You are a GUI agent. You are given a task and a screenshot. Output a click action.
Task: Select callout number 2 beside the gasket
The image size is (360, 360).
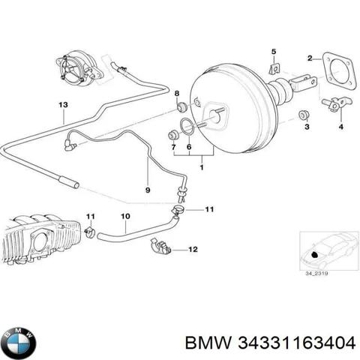(x=310, y=58)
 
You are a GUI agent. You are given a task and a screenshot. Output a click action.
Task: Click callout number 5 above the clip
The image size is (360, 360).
(x=273, y=51)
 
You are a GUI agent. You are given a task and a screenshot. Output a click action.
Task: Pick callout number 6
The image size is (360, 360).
(x=189, y=148)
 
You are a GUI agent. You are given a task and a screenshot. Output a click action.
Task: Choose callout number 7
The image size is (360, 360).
(x=173, y=148)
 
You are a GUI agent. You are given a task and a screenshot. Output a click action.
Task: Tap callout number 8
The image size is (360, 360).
(x=177, y=93)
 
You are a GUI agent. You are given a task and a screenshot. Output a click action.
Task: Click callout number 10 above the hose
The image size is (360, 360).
(x=126, y=217)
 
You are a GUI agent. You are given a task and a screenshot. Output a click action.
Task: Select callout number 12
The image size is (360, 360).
(x=192, y=248)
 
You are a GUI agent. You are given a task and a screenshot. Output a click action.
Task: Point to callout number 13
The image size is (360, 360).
(x=64, y=103)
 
